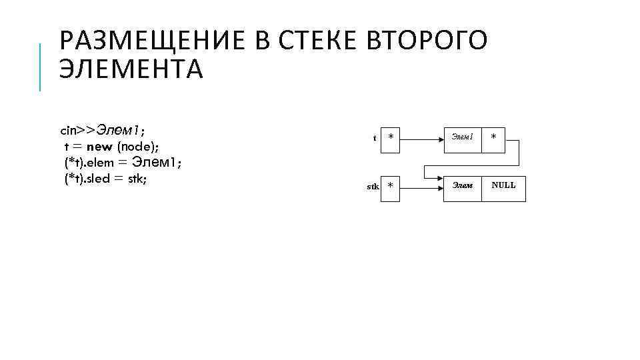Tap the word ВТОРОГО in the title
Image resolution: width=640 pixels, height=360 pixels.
click(x=427, y=41)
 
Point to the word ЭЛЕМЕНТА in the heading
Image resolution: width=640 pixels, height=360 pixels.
click(x=131, y=69)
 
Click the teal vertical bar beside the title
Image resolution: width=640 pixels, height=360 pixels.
click(x=41, y=66)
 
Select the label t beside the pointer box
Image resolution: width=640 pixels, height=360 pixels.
click(x=375, y=139)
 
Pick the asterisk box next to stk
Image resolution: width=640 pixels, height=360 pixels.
click(x=391, y=186)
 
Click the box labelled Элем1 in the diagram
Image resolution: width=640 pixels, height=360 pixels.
click(x=462, y=137)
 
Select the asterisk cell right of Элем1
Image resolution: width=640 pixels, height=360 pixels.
click(x=493, y=137)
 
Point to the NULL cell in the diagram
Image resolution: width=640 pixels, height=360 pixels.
click(x=503, y=186)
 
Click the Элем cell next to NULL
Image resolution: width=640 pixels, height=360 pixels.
click(x=462, y=186)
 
